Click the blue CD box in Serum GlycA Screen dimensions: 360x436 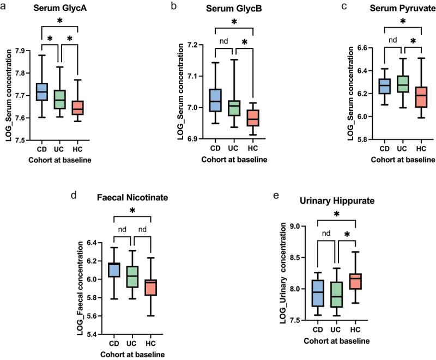(43, 91)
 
